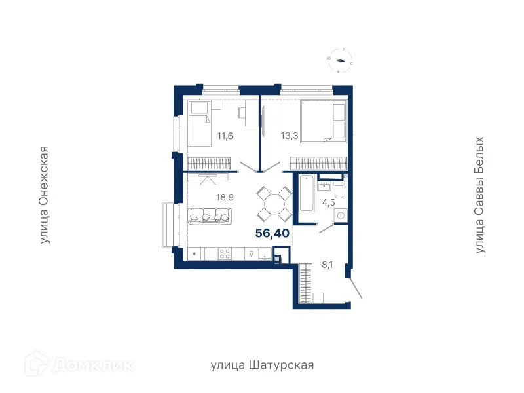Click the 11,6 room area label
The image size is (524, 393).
pos(225,136)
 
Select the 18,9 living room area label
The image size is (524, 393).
pos(225,196)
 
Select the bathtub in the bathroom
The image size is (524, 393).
pos(306,194)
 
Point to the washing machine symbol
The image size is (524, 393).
pos(339,213)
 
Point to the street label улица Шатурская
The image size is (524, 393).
pos(262,365)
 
